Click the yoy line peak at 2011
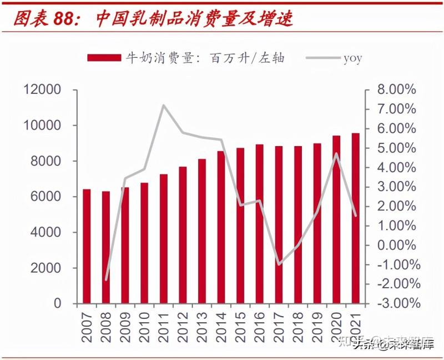[x=163, y=105]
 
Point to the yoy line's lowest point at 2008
[x=106, y=279]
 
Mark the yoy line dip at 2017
[x=279, y=264]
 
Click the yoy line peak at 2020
[x=336, y=154]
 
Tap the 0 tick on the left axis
[x=57, y=303]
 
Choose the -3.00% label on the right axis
[x=395, y=303]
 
